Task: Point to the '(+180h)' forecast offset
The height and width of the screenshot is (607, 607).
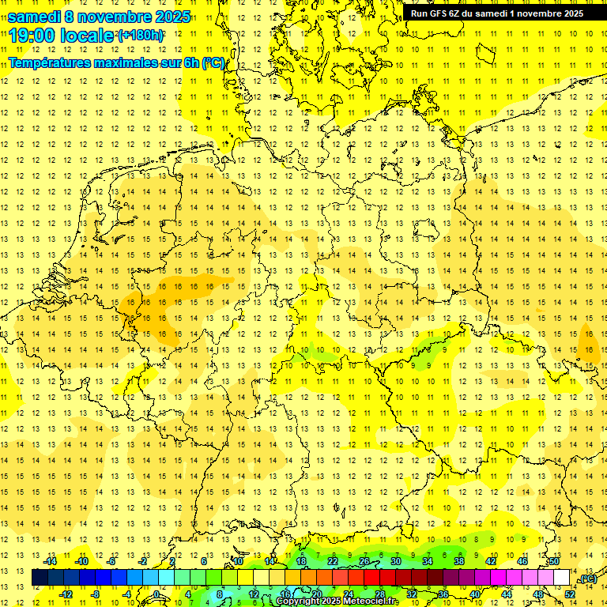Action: (141, 36)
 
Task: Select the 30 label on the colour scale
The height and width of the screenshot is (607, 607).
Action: (395, 561)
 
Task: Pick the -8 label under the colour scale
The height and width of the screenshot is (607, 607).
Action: (96, 594)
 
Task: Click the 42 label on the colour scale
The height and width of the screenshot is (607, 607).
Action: (491, 561)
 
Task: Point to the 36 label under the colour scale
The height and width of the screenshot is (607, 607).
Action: (443, 594)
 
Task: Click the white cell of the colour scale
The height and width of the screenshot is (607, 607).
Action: (562, 578)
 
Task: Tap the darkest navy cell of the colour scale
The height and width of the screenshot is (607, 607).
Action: (40, 578)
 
